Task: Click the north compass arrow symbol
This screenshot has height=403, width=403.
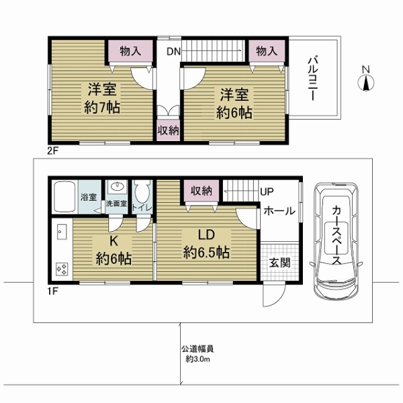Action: click(x=366, y=83)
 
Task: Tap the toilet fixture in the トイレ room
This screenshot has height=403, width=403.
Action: click(x=142, y=191)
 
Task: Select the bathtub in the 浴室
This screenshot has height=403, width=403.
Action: click(x=64, y=197)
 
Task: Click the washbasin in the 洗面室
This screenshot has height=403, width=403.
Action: click(x=117, y=186)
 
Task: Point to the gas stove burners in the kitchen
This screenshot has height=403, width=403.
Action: click(x=62, y=269)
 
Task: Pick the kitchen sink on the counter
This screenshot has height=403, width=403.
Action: click(x=62, y=232)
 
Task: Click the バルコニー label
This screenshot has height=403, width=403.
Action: click(x=313, y=79)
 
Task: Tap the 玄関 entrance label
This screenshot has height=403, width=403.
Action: click(x=279, y=263)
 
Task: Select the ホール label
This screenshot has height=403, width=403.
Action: click(x=279, y=212)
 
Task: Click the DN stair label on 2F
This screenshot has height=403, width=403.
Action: click(x=174, y=52)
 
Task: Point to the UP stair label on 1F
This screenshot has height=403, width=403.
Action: click(x=267, y=191)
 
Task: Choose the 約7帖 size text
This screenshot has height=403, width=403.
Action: click(x=102, y=107)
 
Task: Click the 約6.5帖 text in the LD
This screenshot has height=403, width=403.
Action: click(x=206, y=253)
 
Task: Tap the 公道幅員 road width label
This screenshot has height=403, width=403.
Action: click(x=197, y=349)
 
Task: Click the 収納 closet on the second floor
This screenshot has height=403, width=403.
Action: click(x=168, y=130)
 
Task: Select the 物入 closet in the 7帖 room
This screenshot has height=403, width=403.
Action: click(x=130, y=51)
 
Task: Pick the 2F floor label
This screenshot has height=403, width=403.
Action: click(x=53, y=151)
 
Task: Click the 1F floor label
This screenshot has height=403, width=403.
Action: click(x=52, y=292)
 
